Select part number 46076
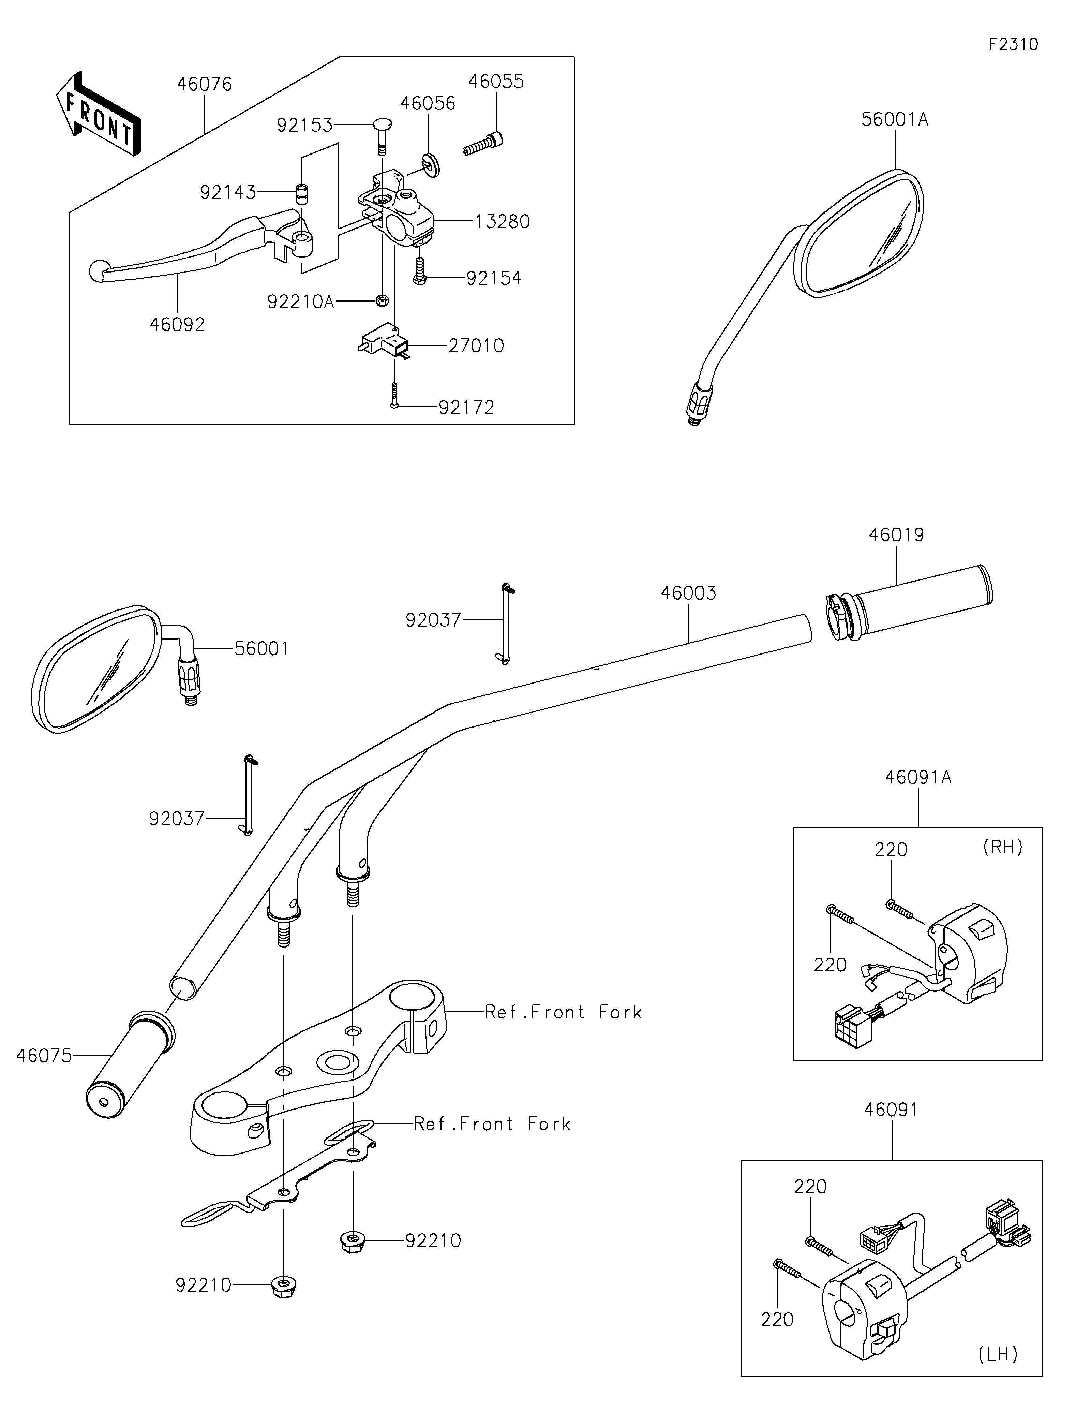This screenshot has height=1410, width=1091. (x=205, y=85)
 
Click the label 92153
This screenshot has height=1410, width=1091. (x=304, y=124)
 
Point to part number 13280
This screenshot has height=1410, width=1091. (x=503, y=221)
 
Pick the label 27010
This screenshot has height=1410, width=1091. (x=476, y=346)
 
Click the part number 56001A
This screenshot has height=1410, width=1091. (x=895, y=119)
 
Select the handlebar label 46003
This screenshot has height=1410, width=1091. (x=688, y=593)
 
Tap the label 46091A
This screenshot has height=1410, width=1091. (x=918, y=777)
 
